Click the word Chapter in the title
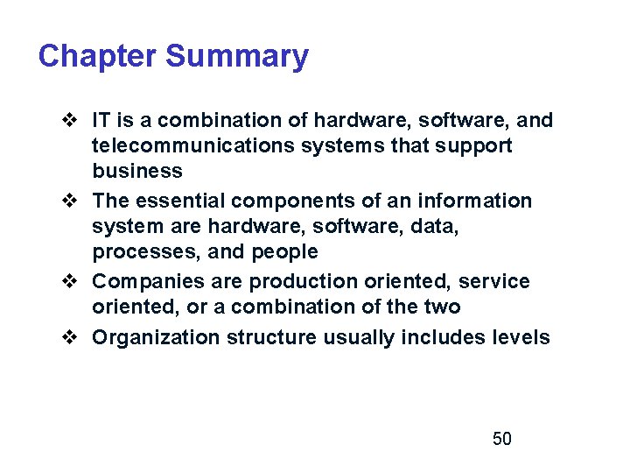(x=97, y=57)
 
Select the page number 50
(x=502, y=439)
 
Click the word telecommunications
(x=193, y=145)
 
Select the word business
(x=137, y=171)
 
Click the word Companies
(x=148, y=282)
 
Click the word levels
(x=520, y=338)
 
